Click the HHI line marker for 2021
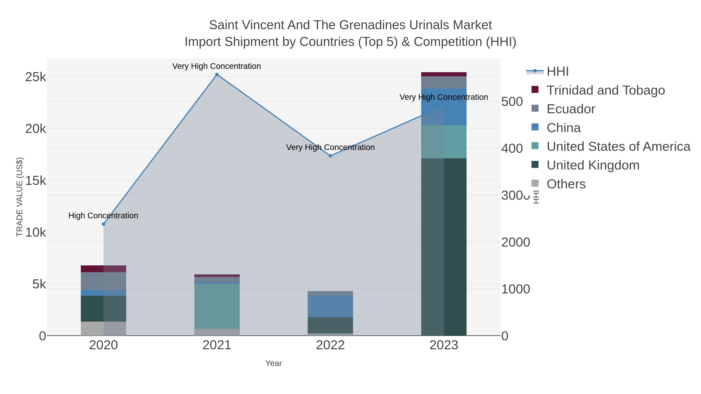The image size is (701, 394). coord(217,75)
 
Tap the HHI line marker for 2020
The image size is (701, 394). coord(103,224)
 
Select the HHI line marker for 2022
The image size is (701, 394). coord(330,156)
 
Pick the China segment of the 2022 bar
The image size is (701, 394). coord(330,306)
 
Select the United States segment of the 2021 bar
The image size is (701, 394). coord(217,306)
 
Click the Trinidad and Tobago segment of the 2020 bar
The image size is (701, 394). coord(103,269)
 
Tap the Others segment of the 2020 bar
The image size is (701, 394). coord(103,328)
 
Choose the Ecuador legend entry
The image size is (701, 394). coord(571,109)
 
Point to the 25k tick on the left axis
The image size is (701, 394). coord(36,77)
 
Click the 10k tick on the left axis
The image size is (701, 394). coord(36,233)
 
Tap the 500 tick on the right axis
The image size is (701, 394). coord(512,102)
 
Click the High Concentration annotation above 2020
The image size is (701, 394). coord(103,216)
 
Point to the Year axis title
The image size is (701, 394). coord(274,363)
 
